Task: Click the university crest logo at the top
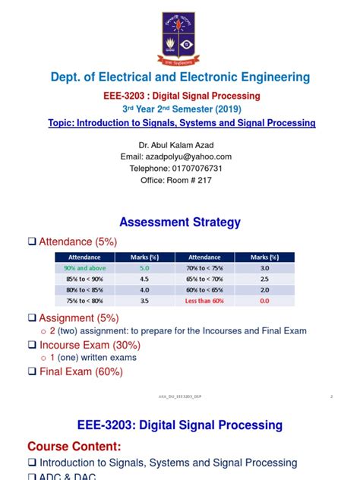click(x=180, y=37)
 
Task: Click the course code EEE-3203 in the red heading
click(x=134, y=96)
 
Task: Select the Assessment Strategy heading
click(x=180, y=222)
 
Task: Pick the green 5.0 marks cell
click(x=144, y=267)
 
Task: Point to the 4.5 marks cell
click(x=144, y=278)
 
